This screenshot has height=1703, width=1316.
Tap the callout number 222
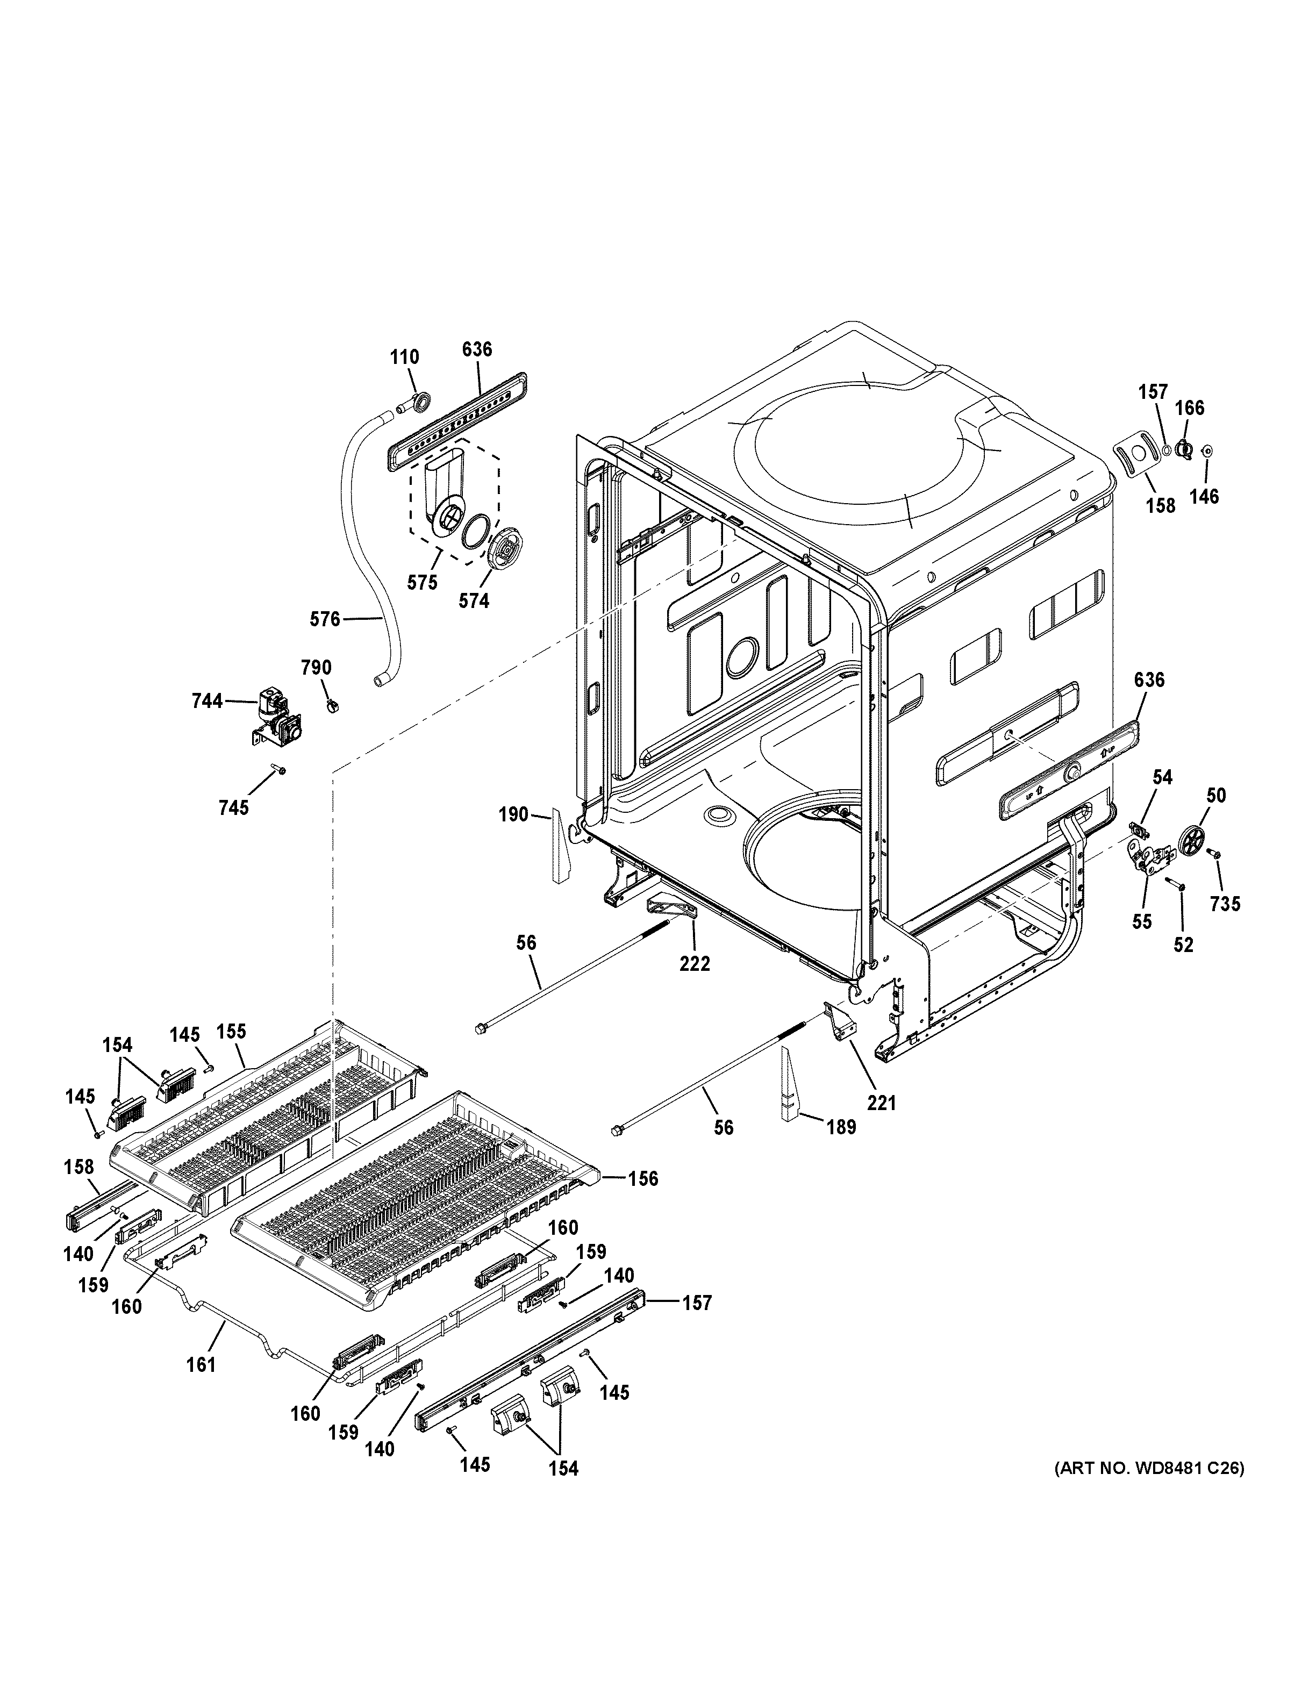[695, 964]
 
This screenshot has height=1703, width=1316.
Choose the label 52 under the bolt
[1183, 944]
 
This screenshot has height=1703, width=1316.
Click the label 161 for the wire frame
[201, 1364]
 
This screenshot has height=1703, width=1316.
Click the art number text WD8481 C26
[1149, 1468]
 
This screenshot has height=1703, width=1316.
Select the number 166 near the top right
[1189, 407]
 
